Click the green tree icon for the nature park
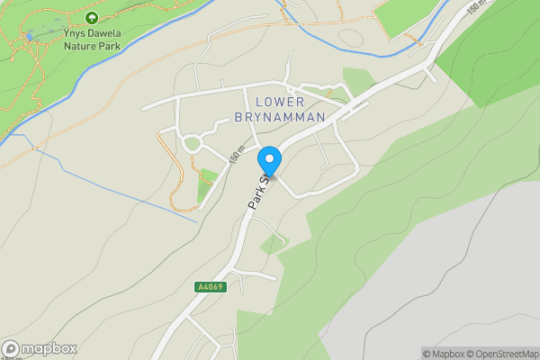click(x=91, y=17)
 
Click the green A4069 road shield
click(x=209, y=287)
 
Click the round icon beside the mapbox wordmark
click(x=12, y=349)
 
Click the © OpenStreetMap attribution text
click(x=500, y=354)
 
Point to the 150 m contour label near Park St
click(x=237, y=155)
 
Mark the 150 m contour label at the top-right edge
click(x=477, y=7)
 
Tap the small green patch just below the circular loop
click(x=209, y=175)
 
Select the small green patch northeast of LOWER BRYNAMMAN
click(x=359, y=81)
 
